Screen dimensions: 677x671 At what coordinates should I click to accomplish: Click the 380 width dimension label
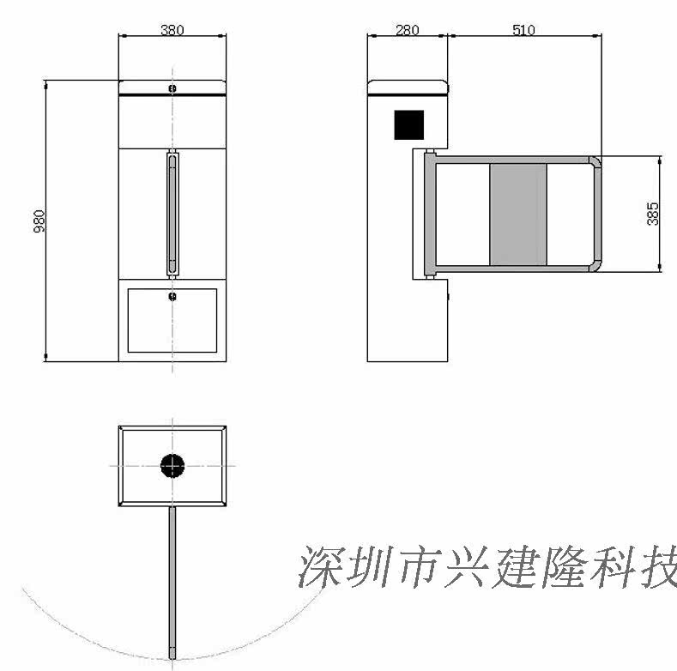coord(172,29)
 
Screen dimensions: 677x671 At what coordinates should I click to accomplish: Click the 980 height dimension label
coord(39,221)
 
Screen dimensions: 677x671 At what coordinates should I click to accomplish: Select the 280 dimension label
coord(407,30)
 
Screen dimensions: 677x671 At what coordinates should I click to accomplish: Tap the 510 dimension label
coord(523,30)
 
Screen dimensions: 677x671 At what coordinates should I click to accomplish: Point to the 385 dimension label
coord(654,213)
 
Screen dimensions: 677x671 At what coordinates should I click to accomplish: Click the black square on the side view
coord(409,124)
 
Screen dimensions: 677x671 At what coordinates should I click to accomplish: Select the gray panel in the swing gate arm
coord(517,214)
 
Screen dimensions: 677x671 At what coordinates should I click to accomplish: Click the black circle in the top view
coord(172,466)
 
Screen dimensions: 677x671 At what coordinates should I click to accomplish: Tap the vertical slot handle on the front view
coord(172,214)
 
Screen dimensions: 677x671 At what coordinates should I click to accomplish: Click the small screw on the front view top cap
coord(172,88)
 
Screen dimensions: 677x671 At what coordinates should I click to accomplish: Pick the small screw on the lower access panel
coord(172,297)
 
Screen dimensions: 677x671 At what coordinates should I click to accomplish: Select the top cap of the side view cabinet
coord(408,87)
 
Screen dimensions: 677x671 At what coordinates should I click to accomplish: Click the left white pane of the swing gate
coord(462,214)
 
